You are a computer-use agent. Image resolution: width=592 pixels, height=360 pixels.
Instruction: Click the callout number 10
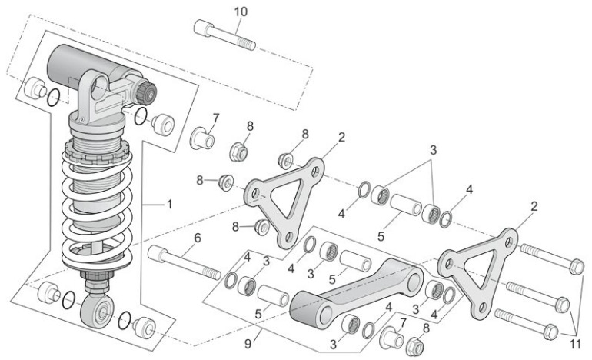[x=241, y=12]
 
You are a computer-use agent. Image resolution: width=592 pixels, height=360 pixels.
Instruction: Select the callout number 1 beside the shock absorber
[x=169, y=205]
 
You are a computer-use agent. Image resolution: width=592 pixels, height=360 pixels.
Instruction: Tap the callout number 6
[x=198, y=238]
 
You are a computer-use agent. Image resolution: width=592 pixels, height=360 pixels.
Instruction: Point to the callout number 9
[x=248, y=344]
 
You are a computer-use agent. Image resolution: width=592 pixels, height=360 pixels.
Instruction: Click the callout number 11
[x=575, y=345]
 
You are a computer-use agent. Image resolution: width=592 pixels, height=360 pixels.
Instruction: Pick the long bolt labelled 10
[x=224, y=35]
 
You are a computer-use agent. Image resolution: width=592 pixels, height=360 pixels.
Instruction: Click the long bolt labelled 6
[x=185, y=263]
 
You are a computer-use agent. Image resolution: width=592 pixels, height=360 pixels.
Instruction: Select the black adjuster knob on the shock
[x=147, y=93]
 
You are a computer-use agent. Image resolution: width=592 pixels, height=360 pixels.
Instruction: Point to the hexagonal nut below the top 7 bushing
[x=238, y=152]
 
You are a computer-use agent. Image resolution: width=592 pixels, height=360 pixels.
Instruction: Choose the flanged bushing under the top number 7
[x=202, y=138]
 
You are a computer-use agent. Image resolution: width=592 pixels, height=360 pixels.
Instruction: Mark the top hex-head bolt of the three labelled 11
[x=552, y=258]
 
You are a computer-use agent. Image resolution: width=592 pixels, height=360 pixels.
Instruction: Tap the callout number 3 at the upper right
[x=433, y=150]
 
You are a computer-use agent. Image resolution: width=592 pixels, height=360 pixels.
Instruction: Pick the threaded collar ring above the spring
[x=98, y=152]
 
